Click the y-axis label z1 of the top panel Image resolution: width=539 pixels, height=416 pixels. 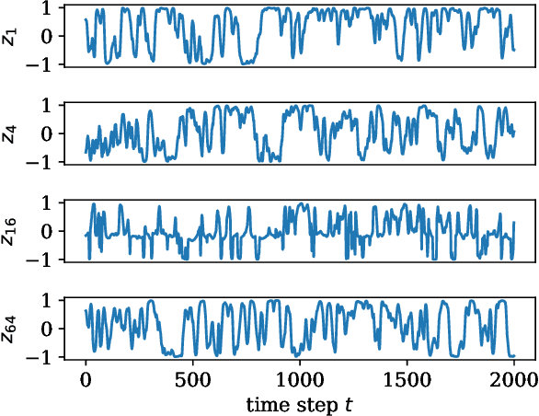coord(9,36)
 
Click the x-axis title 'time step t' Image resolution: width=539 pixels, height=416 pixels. coord(300,404)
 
